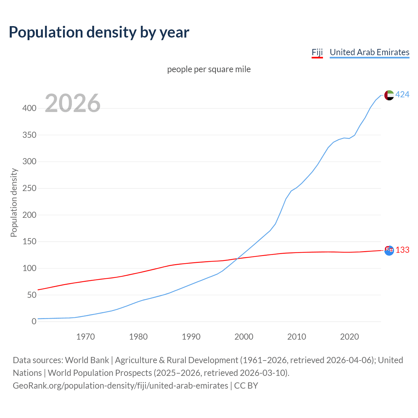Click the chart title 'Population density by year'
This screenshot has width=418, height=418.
99,32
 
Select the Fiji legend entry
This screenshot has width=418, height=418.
317,53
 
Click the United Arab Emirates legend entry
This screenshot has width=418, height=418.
369,53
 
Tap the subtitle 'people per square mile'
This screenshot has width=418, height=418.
209,70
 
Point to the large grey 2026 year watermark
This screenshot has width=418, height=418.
72,103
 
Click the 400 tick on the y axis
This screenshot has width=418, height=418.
29,108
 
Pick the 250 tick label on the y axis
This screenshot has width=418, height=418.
29,188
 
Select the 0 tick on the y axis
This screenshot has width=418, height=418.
34,322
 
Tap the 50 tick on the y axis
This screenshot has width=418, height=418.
31,295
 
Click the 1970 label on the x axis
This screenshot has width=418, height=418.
86,337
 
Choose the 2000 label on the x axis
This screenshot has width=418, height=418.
244,337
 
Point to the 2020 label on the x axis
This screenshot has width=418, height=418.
349,337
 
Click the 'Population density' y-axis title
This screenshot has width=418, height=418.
14,202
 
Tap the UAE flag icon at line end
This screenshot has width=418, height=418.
389,95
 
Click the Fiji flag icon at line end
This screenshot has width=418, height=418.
389,250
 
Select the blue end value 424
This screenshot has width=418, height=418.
402,95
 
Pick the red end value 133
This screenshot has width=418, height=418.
402,250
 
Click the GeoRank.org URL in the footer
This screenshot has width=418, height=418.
121,386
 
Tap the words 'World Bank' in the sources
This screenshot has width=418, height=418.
87,360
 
